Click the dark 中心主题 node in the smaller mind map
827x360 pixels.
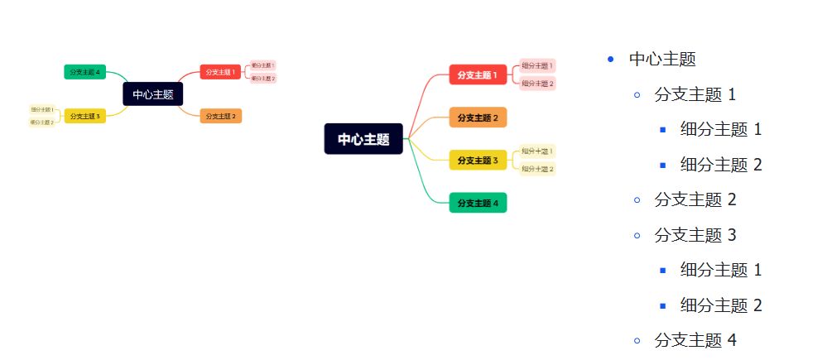pos(152,94)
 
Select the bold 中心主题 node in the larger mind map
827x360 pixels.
pos(363,139)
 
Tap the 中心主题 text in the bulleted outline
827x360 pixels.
pos(662,59)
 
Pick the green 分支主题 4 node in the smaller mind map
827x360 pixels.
pos(84,72)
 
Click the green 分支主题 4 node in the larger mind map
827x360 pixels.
pos(478,203)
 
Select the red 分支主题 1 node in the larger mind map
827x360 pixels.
pos(478,74)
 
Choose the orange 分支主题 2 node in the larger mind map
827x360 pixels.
pos(478,118)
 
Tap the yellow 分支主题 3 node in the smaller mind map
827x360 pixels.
pos(84,116)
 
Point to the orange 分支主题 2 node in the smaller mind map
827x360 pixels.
pos(220,116)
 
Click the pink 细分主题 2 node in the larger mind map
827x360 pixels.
pos(537,83)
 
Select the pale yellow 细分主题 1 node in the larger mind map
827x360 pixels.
pos(537,151)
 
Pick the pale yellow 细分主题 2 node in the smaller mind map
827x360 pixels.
pos(42,122)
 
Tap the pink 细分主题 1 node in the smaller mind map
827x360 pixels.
pos(262,65)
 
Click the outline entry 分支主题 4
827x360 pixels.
pos(695,339)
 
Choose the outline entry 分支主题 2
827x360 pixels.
pos(695,199)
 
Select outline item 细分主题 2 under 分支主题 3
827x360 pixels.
pos(720,305)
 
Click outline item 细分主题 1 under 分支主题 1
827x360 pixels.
pos(720,129)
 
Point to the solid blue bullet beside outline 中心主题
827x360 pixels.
pos(611,59)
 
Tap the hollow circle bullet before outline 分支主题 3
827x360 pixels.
pos(637,235)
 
